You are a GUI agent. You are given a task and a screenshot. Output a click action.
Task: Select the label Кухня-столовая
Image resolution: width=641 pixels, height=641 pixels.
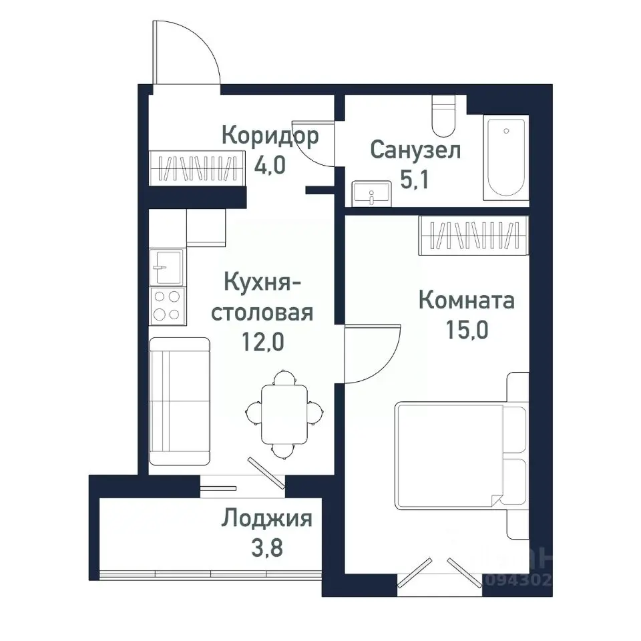pyautogui.click(x=262, y=297)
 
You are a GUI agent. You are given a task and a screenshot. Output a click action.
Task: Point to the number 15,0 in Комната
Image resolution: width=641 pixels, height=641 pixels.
pyautogui.click(x=467, y=330)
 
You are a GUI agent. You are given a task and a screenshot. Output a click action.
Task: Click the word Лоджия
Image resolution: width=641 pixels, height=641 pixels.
pyautogui.click(x=267, y=518)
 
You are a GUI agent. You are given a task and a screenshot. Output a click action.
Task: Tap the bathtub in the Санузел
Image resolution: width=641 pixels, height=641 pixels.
pyautogui.click(x=505, y=158)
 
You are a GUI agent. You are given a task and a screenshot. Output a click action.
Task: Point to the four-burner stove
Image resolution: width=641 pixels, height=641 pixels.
pyautogui.click(x=167, y=305)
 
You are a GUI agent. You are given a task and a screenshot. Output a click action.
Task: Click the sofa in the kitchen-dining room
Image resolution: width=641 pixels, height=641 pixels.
pyautogui.click(x=179, y=401)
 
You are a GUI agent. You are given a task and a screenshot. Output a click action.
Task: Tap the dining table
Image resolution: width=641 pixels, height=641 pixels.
pyautogui.click(x=284, y=414)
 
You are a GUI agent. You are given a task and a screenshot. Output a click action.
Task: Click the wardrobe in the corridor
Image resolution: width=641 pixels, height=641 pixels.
pyautogui.click(x=194, y=168)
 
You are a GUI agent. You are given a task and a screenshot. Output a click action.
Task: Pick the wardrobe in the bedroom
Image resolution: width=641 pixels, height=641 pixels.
pyautogui.click(x=473, y=236)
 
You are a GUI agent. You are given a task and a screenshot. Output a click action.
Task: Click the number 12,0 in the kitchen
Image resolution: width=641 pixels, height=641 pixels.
pyautogui.click(x=263, y=342)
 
